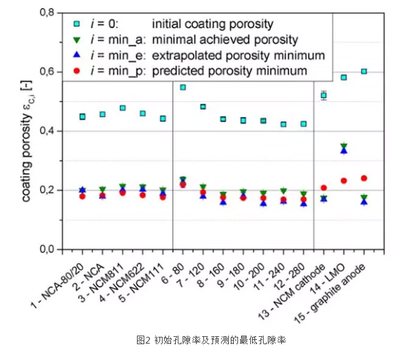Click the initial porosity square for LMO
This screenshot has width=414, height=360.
pyautogui.click(x=344, y=77)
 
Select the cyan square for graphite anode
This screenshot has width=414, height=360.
pyautogui.click(x=364, y=71)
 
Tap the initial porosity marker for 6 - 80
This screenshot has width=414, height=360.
pyautogui.click(x=183, y=87)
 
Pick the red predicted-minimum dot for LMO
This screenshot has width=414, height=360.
pyautogui.click(x=344, y=180)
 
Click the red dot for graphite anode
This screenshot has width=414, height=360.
pyautogui.click(x=364, y=178)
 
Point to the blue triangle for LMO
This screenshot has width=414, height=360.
pyautogui.click(x=344, y=150)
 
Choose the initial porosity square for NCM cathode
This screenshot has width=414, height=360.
pyautogui.click(x=324, y=96)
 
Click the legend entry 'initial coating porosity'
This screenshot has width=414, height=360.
pyautogui.click(x=212, y=24)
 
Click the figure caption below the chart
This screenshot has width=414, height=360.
pyautogui.click(x=210, y=341)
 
